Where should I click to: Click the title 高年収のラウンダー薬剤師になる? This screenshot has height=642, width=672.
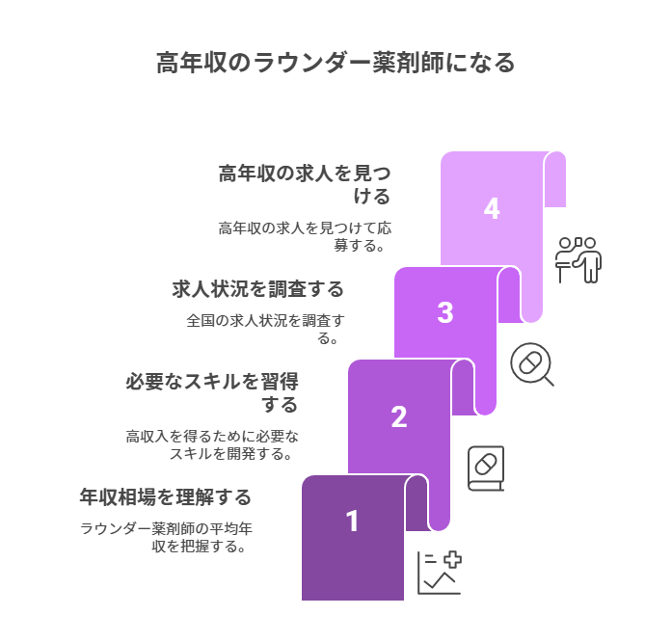336,63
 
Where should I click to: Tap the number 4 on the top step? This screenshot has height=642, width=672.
492,209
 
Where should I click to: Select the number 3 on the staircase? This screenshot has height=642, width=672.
444,313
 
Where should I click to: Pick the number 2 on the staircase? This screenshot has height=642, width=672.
399,417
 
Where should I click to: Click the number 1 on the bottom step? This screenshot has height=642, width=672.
353,522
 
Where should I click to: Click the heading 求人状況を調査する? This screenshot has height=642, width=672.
257,288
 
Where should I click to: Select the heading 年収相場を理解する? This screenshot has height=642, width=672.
165,497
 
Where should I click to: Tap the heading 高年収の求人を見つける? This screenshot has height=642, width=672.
305,184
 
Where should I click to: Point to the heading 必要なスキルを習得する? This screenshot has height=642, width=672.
212,392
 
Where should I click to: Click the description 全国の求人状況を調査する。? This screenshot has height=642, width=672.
265,329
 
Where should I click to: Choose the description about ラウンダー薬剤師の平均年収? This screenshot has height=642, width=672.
167,537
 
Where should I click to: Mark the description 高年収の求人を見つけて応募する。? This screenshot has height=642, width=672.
305,236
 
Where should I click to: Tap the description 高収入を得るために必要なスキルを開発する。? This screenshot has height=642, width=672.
213,444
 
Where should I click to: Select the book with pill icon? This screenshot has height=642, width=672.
485,468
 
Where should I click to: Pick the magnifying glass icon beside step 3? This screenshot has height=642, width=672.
531,364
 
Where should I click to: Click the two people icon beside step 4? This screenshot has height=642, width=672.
578,259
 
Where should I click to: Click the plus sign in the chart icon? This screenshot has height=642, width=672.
450,559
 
